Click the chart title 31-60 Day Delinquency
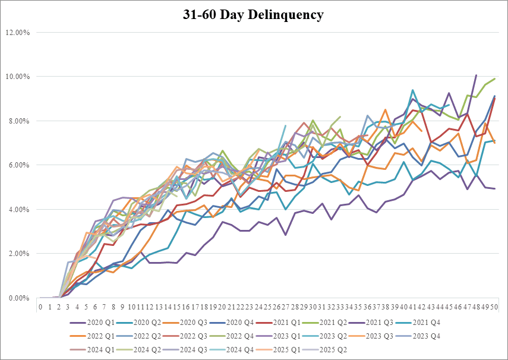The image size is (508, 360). (x=254, y=14)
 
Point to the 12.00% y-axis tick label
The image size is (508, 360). (x=18, y=32)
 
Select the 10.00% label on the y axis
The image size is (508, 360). (x=18, y=77)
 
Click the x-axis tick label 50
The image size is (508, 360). (x=494, y=307)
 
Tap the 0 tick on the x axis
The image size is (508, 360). (x=40, y=307)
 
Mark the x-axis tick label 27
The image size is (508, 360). (x=286, y=307)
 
